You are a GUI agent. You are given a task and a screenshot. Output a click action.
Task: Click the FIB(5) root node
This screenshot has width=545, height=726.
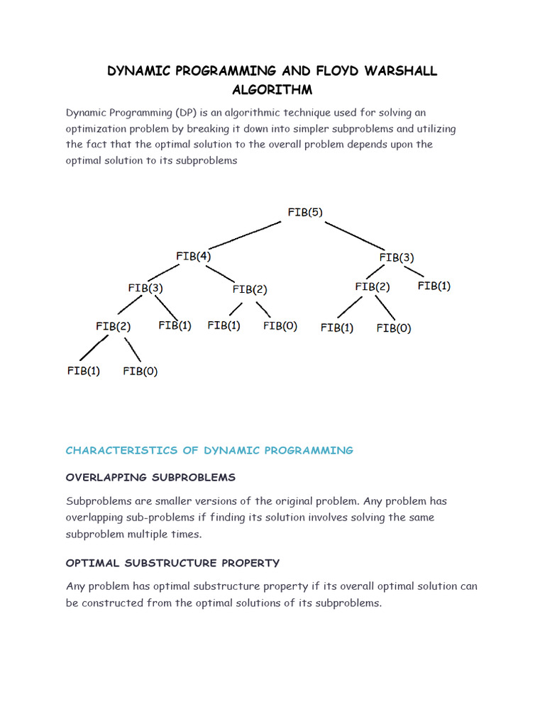(x=305, y=212)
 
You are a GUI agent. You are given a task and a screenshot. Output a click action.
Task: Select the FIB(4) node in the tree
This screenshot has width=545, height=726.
(x=193, y=256)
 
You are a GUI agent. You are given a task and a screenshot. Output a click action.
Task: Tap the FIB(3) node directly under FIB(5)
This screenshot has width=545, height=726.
(x=397, y=257)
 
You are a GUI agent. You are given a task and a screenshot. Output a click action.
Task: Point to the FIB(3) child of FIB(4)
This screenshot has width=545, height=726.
(x=145, y=288)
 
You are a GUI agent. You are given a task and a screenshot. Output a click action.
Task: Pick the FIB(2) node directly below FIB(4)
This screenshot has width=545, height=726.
(x=250, y=289)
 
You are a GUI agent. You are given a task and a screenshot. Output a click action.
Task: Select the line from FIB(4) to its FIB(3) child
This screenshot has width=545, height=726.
(x=169, y=272)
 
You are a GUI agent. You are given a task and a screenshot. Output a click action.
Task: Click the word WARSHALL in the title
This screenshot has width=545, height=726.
(x=402, y=71)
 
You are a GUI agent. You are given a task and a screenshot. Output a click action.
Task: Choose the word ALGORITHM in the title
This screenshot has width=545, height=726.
(x=272, y=90)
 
